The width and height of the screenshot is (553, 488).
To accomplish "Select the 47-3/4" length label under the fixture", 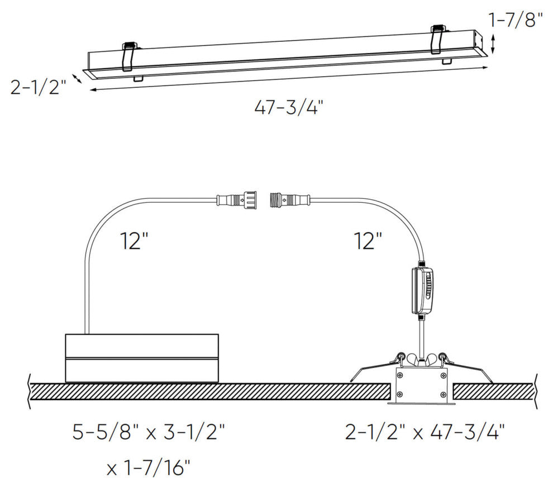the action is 289,107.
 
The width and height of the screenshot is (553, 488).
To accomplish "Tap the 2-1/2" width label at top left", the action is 38,88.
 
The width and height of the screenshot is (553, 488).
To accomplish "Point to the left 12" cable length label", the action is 135,241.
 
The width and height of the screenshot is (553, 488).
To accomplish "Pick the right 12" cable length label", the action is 368,241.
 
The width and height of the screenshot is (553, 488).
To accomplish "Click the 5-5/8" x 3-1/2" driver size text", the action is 149,432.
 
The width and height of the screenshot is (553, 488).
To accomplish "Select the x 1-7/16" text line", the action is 148,468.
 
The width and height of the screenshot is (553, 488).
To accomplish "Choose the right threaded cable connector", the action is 290,200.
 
